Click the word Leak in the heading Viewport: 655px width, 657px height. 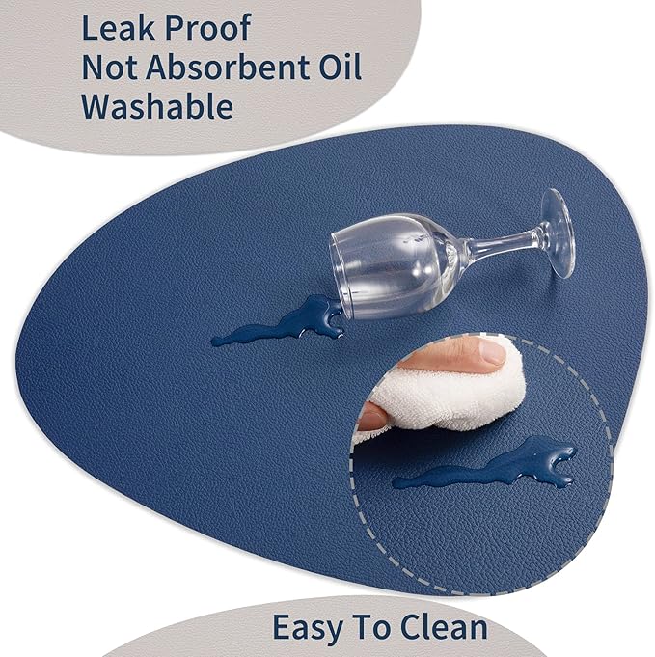point(118,28)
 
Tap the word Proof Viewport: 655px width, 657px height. point(207,29)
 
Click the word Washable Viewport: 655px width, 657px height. point(157,106)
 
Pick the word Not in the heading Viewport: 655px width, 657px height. point(109,68)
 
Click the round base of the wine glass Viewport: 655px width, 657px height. point(558,233)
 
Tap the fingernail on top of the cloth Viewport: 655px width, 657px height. point(492,351)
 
